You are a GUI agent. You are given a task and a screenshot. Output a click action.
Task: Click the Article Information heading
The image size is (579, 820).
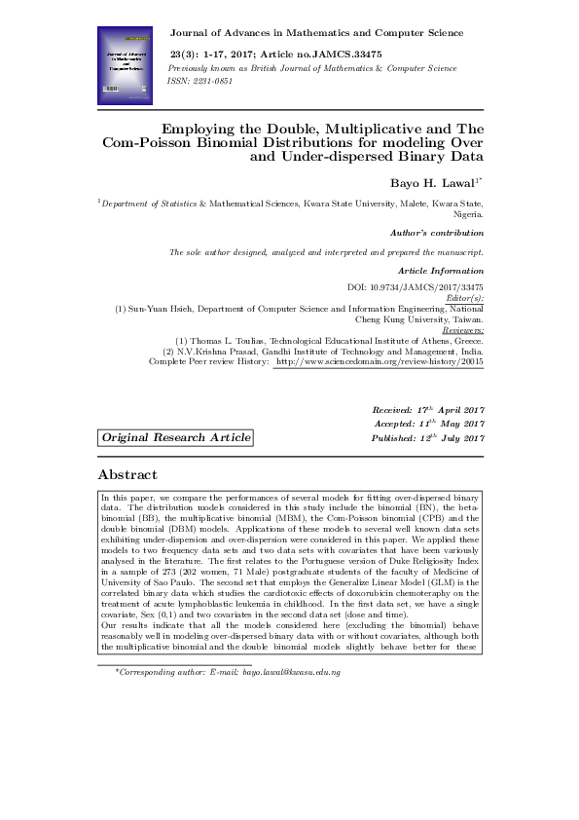click(441, 269)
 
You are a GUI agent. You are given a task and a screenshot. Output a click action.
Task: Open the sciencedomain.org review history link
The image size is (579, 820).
click(380, 361)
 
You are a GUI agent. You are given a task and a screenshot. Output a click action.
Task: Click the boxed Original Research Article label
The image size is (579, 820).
click(176, 438)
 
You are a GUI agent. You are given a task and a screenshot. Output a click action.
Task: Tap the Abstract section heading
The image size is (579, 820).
click(127, 474)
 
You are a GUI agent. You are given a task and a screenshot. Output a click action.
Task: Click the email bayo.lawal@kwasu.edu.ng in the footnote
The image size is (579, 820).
click(291, 672)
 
